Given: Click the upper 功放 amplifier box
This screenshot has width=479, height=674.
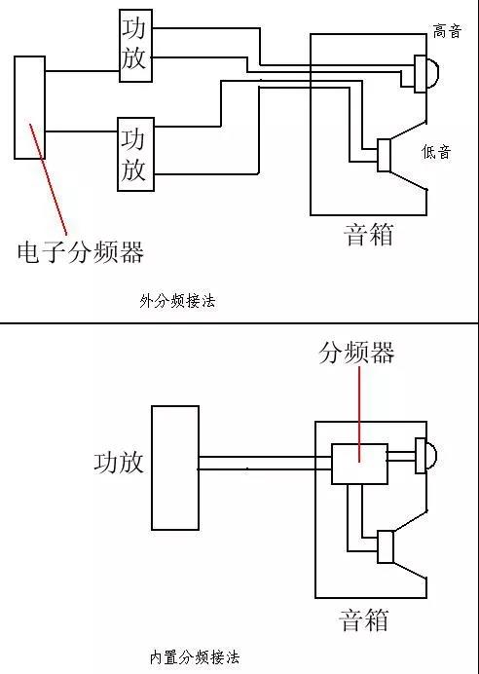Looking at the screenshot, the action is (135, 46).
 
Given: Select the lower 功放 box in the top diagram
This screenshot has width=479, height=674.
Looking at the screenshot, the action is (135, 154).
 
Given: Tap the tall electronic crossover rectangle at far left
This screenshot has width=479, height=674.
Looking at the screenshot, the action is (29, 107).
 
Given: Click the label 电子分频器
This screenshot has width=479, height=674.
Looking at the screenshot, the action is (81, 252).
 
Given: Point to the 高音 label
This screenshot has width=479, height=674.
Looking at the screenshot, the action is (447, 31).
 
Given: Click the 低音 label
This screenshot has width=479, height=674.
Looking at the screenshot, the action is (436, 152).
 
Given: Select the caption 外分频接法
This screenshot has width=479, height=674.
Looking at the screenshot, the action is (177, 301).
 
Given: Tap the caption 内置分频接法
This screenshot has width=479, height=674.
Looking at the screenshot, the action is (195, 657).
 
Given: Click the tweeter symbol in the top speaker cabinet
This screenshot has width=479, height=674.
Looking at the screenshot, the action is (426, 74).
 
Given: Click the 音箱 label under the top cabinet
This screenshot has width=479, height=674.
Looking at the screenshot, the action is (369, 235).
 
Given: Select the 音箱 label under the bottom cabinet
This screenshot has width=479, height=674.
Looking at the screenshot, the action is (364, 619).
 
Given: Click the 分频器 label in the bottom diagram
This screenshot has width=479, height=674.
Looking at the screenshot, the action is (356, 353).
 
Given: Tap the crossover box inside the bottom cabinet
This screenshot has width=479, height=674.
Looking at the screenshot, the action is (360, 464).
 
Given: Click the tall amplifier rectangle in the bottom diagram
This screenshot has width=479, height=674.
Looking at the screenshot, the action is (175, 468).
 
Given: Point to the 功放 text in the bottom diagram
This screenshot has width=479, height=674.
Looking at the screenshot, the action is (119, 463).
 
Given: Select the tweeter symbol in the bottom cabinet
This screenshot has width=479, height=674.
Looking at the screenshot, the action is (425, 456).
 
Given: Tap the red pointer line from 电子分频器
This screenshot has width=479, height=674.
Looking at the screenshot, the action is (48, 179).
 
